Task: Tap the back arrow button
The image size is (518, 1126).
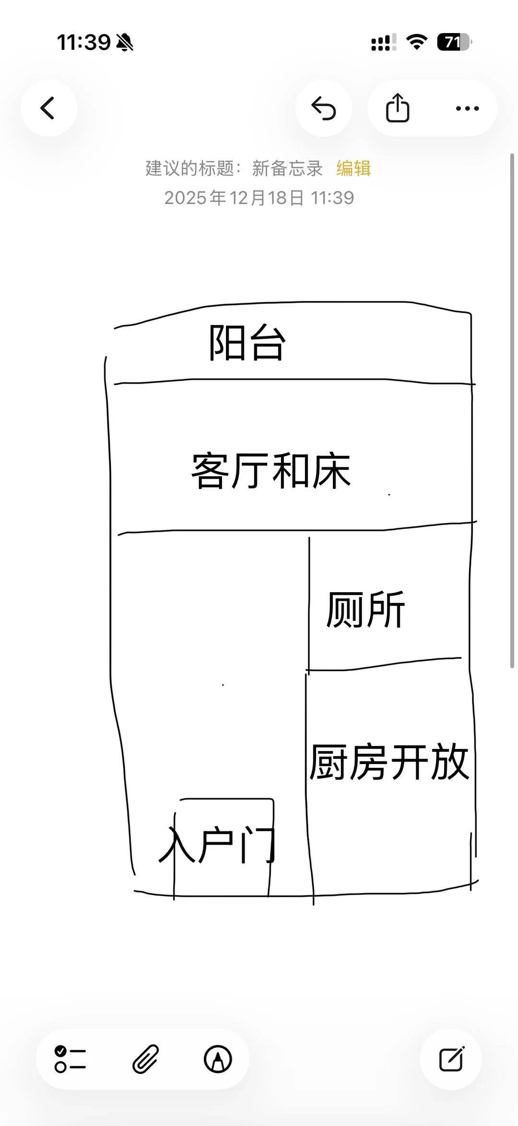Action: click(48, 108)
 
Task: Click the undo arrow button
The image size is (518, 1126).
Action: click(324, 108)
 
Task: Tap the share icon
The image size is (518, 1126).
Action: click(398, 108)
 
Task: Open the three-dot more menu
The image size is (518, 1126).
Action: click(467, 108)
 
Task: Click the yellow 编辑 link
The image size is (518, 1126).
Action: click(353, 168)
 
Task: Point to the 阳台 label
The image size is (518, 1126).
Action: click(247, 343)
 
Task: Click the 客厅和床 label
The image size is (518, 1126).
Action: click(271, 471)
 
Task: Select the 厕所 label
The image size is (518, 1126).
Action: click(366, 610)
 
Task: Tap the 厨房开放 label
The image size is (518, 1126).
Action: click(388, 762)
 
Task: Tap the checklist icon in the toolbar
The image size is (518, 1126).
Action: click(71, 1059)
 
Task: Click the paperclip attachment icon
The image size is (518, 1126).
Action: click(145, 1059)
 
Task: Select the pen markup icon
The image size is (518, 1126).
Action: click(218, 1059)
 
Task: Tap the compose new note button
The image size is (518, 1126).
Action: click(451, 1059)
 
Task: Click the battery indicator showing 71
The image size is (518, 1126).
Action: click(453, 42)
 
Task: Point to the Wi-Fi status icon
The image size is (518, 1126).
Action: click(416, 42)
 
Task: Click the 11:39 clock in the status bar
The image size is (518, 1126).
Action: click(84, 42)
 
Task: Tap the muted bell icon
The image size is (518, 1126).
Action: click(125, 43)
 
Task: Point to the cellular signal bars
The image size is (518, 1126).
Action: click(383, 42)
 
